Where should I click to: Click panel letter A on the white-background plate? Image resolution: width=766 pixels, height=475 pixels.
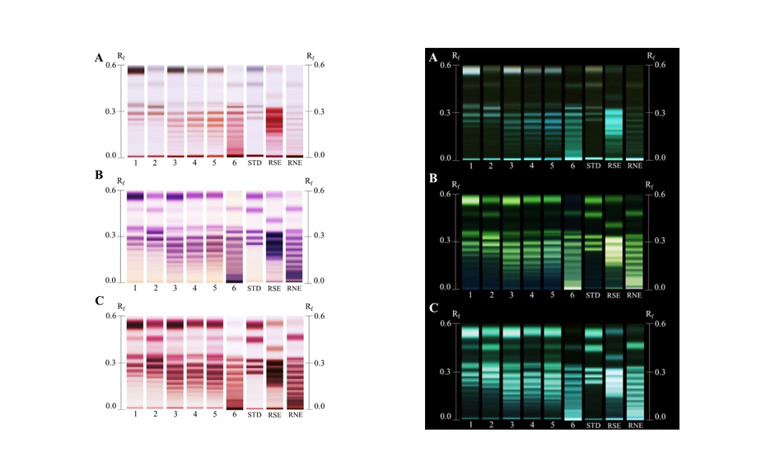click(x=99, y=58)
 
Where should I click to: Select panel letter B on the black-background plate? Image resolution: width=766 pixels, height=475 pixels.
click(x=432, y=186)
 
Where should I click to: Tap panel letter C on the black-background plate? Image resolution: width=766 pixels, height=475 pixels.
click(x=432, y=309)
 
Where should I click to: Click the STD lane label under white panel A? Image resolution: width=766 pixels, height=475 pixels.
click(x=255, y=163)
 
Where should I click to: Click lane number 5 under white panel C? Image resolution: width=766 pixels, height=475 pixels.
click(x=215, y=415)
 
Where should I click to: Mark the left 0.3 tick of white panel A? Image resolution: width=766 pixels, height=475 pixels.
click(x=114, y=111)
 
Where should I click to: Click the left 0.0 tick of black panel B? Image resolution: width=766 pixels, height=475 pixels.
click(x=444, y=288)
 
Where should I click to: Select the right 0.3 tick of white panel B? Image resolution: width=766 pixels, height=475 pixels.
click(x=316, y=235)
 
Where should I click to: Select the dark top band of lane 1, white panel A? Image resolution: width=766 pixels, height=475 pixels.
click(x=136, y=71)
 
